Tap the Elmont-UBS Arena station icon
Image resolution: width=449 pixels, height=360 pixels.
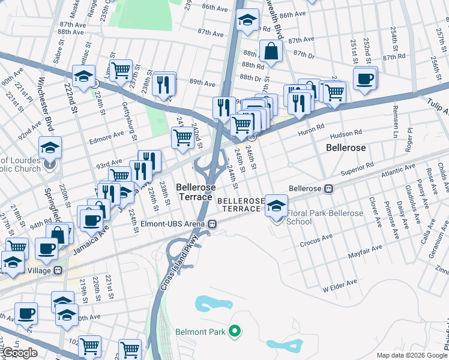tap(212, 224)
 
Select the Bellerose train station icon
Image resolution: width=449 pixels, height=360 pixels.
tap(328, 188)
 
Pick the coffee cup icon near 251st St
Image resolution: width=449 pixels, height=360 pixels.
tap(365, 78)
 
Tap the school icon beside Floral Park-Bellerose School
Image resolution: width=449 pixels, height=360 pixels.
tap(276, 205)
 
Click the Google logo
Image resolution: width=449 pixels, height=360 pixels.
tap(20, 353)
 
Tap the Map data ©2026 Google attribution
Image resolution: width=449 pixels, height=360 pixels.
tap(412, 355)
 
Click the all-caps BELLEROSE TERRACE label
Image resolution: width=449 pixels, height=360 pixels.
tap(241, 205)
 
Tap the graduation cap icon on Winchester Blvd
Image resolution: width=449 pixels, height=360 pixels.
tap(51, 147)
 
